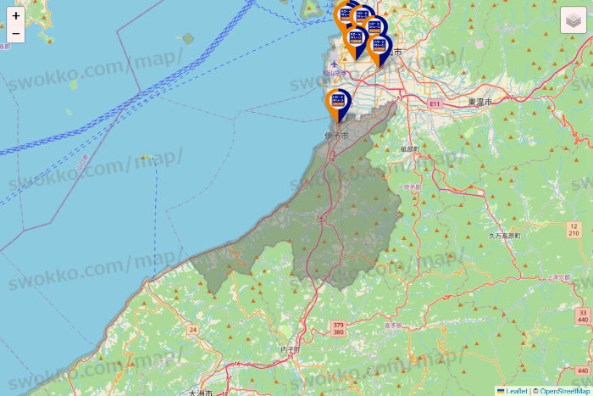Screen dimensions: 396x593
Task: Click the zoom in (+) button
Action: [x=16, y=16]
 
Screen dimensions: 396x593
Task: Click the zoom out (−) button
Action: [x=16, y=34]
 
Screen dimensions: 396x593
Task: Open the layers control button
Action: [x=574, y=20]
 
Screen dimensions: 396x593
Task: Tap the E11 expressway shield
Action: [x=435, y=103]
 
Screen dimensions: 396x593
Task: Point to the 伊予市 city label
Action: [x=336, y=136]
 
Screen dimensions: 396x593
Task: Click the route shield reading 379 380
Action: [x=339, y=328]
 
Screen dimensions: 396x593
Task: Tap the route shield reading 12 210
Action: [x=574, y=229]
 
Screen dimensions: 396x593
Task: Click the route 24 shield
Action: [x=193, y=329]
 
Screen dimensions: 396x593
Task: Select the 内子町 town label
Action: [x=290, y=349]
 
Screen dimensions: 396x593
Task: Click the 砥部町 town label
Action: [x=409, y=148]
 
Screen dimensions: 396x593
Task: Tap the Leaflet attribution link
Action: [x=517, y=391]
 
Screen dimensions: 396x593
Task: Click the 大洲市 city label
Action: [x=201, y=393]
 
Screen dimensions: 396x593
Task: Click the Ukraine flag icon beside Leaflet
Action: [x=501, y=391]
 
